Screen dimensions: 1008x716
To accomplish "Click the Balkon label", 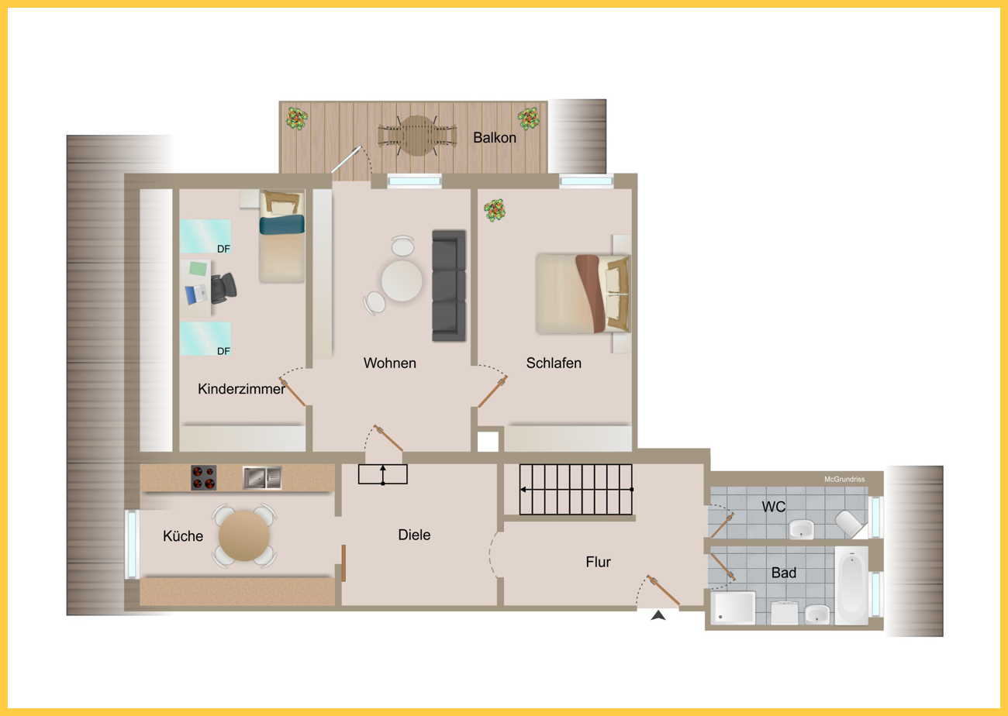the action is click(x=495, y=138).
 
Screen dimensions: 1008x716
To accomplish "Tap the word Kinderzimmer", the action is click(x=241, y=389).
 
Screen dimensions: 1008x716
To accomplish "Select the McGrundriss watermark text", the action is click(x=844, y=480).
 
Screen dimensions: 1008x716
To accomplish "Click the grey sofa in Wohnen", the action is click(x=449, y=286).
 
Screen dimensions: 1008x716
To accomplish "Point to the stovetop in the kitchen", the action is click(x=203, y=477).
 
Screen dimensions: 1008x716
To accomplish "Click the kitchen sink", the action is click(x=262, y=477).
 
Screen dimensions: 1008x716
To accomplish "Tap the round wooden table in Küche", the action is click(x=244, y=535).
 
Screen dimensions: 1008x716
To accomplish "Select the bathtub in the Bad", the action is click(x=851, y=586).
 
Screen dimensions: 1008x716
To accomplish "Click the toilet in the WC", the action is click(x=850, y=524).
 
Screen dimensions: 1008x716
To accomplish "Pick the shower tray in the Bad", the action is click(x=733, y=608).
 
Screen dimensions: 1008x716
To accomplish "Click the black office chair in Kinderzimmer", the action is click(x=223, y=287).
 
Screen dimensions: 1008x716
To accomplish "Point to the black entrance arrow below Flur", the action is click(x=658, y=615).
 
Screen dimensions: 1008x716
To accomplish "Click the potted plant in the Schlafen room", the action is click(x=495, y=210).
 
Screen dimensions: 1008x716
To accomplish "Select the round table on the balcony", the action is click(x=417, y=136).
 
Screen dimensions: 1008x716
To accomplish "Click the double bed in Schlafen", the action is click(x=583, y=294).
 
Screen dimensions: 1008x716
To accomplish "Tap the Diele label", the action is click(x=414, y=535).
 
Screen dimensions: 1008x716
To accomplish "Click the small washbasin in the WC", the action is click(x=802, y=529).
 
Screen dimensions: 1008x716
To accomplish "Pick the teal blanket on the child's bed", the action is click(x=281, y=225).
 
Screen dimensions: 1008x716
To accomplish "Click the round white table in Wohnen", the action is click(x=402, y=281).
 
